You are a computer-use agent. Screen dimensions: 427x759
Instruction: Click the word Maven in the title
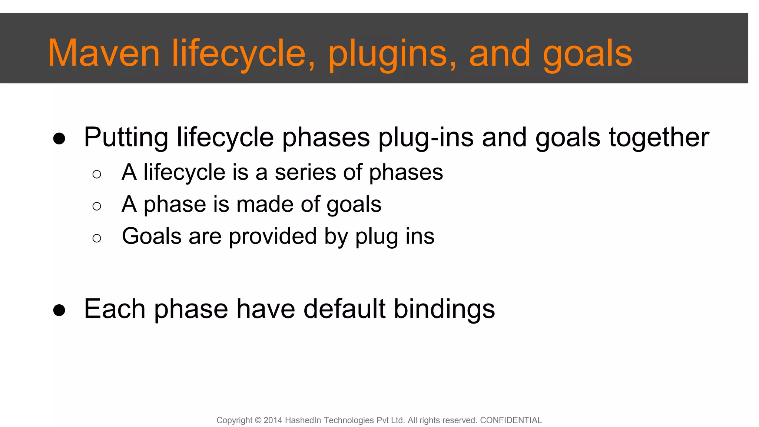tap(104, 53)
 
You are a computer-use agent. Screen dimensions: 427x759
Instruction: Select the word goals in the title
tap(587, 54)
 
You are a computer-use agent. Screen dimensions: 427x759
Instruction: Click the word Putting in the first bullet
tap(126, 138)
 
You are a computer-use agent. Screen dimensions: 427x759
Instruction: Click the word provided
tap(273, 236)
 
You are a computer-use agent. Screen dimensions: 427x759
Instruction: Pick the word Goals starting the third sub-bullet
tap(152, 236)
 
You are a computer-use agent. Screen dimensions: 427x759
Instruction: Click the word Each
tap(115, 309)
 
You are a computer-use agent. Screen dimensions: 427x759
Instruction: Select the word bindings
tap(444, 309)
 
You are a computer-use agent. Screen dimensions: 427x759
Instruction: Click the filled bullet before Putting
tap(59, 139)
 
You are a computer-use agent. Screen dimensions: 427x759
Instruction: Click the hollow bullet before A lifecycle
tap(97, 174)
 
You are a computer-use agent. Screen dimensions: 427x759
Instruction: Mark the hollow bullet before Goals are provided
tap(97, 238)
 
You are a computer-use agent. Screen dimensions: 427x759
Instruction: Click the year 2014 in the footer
tap(273, 420)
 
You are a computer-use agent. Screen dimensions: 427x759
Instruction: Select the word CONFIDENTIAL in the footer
tap(511, 420)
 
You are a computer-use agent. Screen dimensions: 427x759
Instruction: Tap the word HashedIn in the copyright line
tap(302, 420)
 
